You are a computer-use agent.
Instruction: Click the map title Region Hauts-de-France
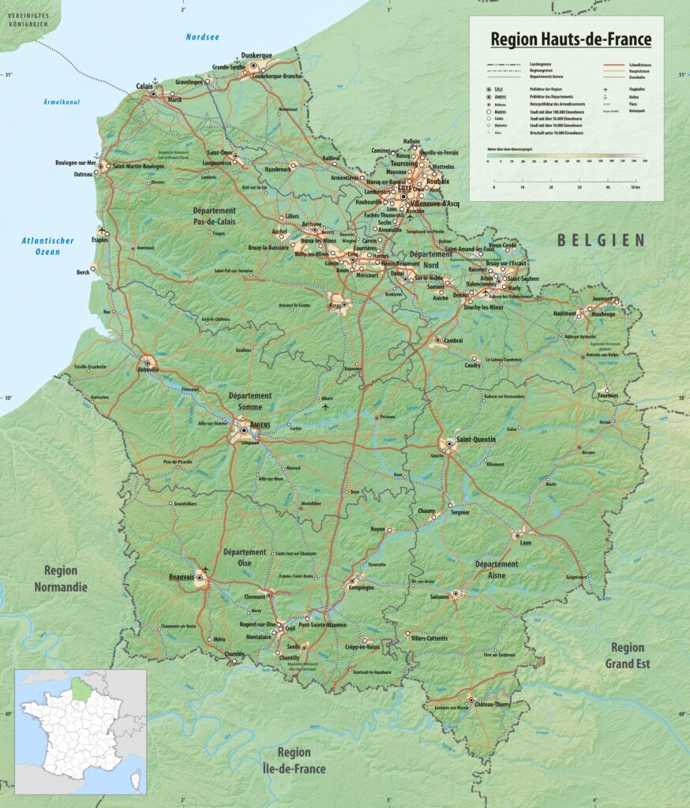(571, 39)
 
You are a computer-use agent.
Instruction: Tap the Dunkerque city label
(257, 55)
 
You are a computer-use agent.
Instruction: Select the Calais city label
(144, 87)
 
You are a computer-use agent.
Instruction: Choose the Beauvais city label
(181, 578)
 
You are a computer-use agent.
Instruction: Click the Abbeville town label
(148, 369)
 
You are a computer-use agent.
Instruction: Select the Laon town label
(526, 543)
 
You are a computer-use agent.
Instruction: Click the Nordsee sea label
(203, 37)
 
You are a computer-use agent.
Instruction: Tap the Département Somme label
(249, 401)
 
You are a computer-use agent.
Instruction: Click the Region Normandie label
(61, 578)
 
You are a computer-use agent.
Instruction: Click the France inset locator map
(81, 730)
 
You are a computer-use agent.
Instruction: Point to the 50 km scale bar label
(634, 188)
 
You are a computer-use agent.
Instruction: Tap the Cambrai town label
(453, 340)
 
